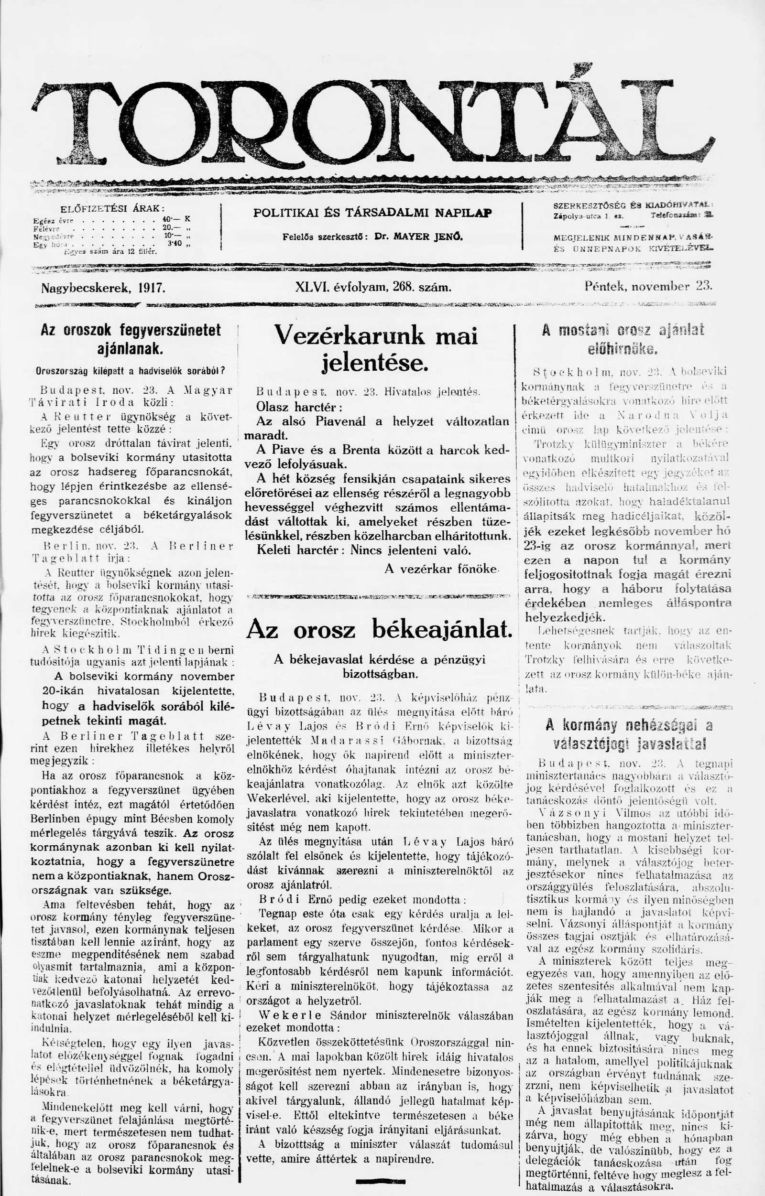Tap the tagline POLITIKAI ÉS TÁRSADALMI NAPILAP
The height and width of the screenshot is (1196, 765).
(372, 213)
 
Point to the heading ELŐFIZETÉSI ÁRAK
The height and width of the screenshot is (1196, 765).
(112, 209)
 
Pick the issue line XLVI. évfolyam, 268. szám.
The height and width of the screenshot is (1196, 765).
(373, 287)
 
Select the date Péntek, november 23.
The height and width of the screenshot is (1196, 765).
(648, 286)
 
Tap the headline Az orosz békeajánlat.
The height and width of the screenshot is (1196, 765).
(379, 630)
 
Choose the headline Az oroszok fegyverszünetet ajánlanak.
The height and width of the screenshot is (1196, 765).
(130, 339)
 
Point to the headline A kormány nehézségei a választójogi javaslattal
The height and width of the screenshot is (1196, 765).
(628, 733)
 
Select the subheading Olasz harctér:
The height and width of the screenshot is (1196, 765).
(299, 407)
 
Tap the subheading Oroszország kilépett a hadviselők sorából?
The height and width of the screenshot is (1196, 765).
(131, 371)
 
